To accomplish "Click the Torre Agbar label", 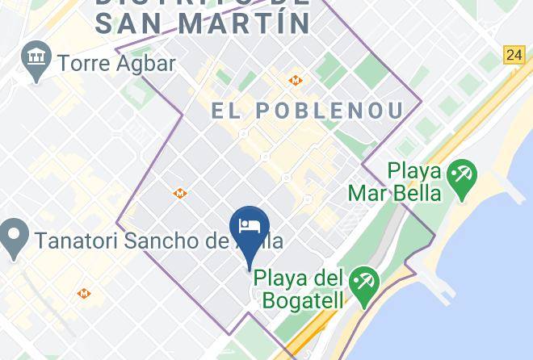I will (116, 63).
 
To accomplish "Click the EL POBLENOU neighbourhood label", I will (308, 111).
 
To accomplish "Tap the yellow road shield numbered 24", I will (514, 55).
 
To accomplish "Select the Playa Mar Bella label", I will (395, 182).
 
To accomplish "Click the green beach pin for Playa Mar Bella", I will (463, 177).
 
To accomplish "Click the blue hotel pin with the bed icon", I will (249, 227).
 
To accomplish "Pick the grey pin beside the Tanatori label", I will (14, 239).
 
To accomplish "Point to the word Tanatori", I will (71, 241).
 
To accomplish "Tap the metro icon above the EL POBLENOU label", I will (296, 81).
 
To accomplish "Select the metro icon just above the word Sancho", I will (179, 194).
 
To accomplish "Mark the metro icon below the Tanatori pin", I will (83, 293).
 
